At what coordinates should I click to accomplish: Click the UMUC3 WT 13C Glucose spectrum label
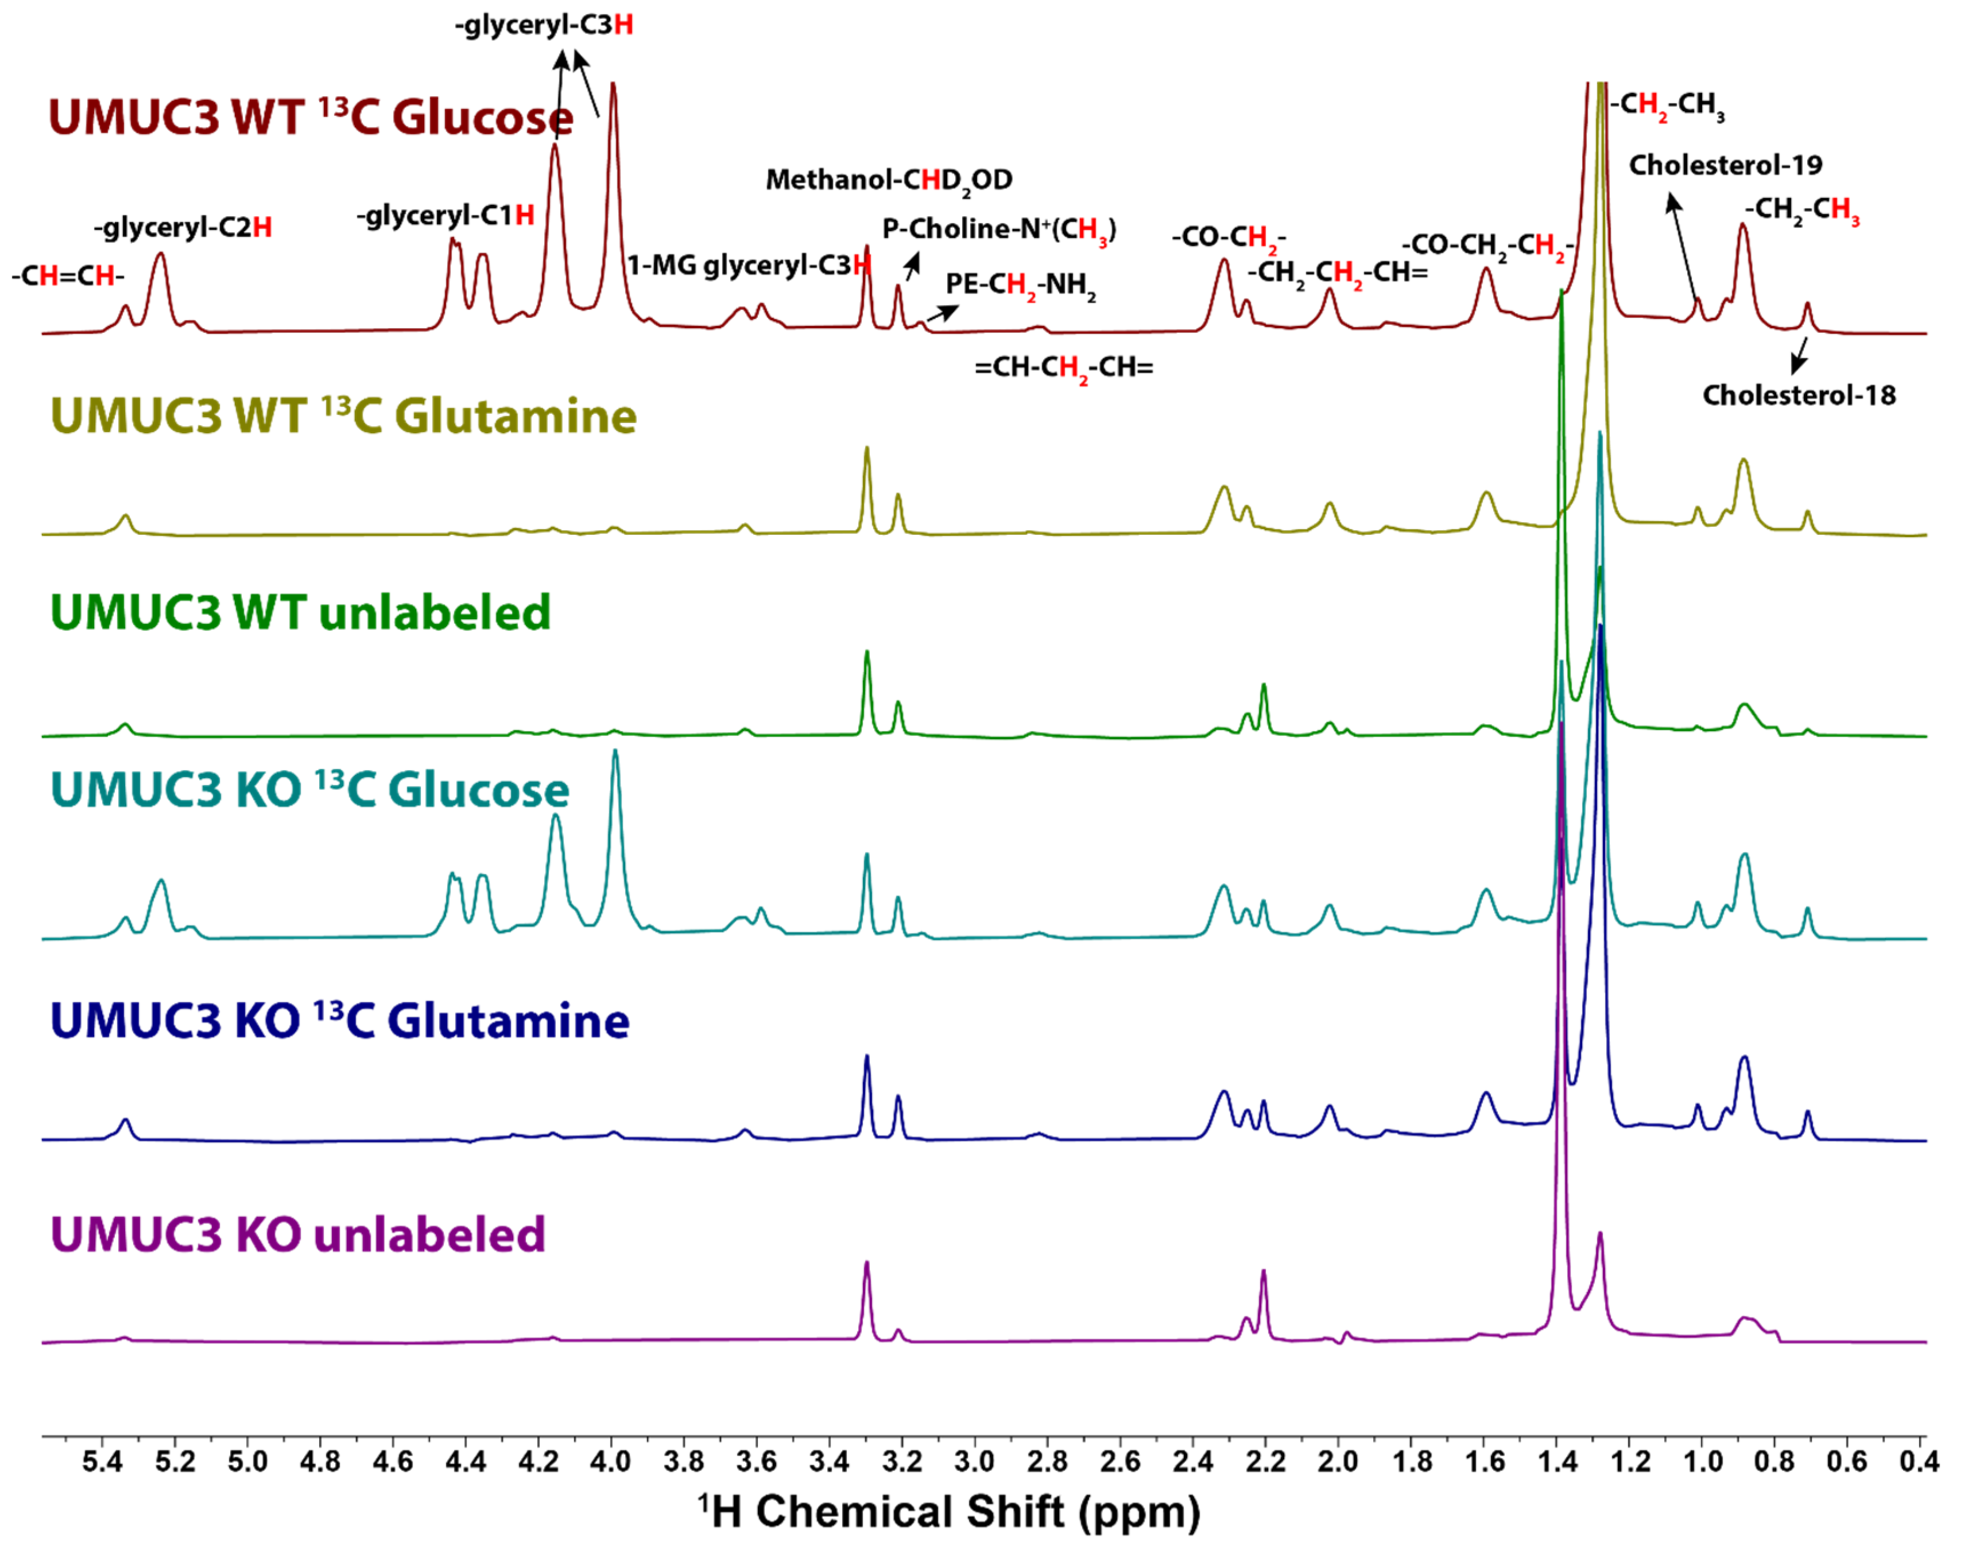tap(310, 118)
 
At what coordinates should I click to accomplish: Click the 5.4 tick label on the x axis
tap(102, 1461)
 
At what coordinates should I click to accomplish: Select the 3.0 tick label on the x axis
tap(974, 1461)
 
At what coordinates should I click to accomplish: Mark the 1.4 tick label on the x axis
tap(1556, 1461)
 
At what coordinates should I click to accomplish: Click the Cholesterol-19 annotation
tap(1725, 166)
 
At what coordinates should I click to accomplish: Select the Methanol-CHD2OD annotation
tap(889, 180)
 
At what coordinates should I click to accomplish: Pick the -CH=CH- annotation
tap(68, 276)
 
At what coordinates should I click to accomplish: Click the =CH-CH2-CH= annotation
tap(1063, 368)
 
